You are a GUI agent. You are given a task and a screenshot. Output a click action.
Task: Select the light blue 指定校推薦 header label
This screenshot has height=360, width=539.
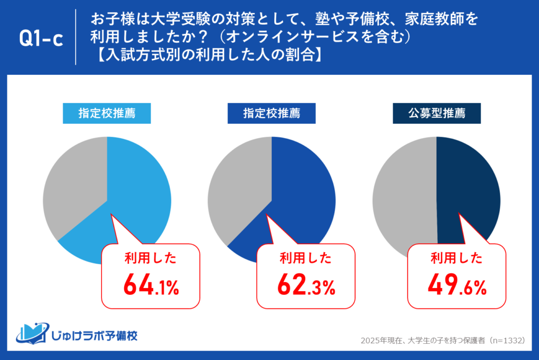[x=107, y=113]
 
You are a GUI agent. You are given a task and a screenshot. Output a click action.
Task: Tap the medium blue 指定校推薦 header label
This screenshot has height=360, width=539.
[x=272, y=113]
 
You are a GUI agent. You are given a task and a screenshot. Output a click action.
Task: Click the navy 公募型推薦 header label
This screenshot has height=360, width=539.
[x=436, y=113]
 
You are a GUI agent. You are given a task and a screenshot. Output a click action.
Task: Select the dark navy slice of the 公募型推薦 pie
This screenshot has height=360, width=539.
[x=468, y=184]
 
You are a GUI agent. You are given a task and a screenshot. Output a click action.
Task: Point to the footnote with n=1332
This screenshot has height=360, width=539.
[x=442, y=341]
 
